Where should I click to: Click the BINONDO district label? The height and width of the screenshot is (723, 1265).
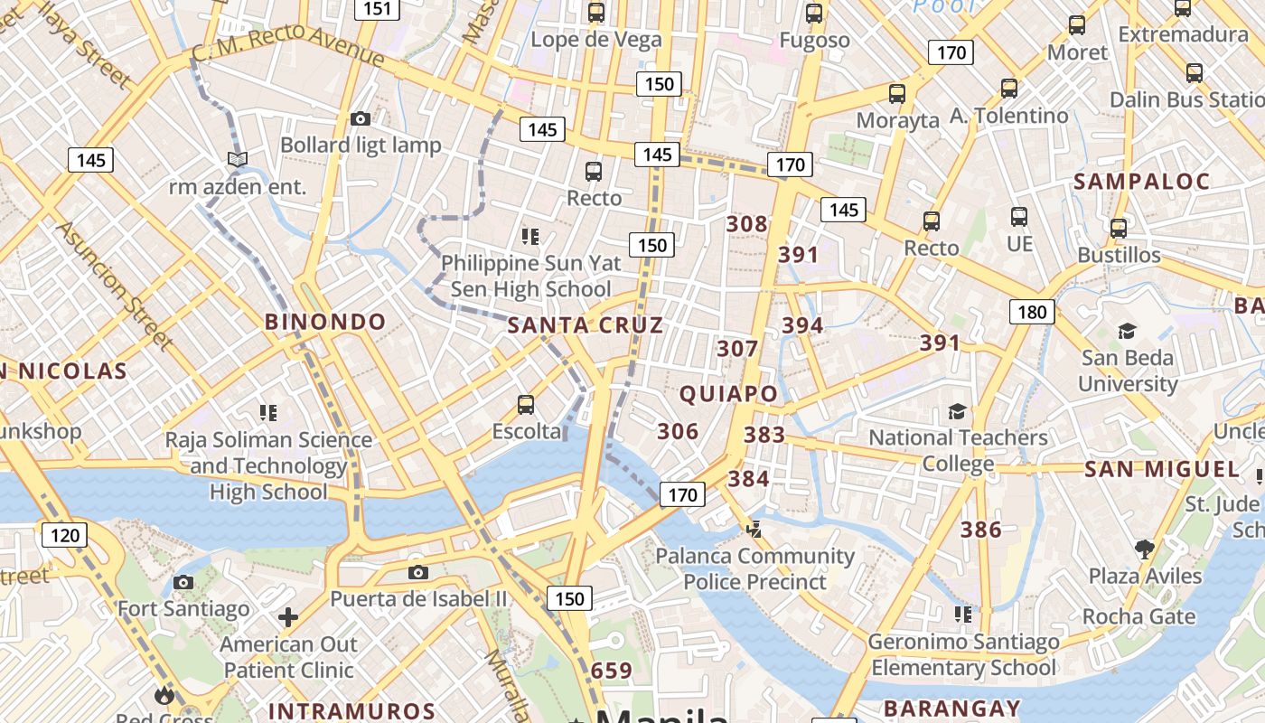tap(325, 322)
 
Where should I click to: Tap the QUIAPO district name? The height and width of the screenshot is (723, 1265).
tap(728, 394)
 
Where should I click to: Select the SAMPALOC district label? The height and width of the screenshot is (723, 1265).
tap(1141, 182)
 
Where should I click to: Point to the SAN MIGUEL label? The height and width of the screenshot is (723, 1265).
tap(1162, 469)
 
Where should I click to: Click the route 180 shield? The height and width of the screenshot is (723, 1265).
tap(1032, 313)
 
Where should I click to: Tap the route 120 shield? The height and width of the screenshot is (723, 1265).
tap(64, 535)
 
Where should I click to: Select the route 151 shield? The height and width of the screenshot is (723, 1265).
tap(377, 9)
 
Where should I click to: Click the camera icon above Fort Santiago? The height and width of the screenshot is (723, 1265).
tap(183, 582)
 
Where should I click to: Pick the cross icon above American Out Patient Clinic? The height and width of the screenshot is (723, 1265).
tap(288, 617)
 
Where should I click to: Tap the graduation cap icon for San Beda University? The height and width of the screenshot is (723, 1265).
tap(1127, 331)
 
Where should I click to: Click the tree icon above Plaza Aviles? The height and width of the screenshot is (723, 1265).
tap(1145, 549)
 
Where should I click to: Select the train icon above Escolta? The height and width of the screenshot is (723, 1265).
tap(526, 404)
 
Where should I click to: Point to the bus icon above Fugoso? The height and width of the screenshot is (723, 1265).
tap(814, 14)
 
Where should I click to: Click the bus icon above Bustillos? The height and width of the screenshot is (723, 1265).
tap(1119, 228)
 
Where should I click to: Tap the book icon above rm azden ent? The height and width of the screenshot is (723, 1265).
tap(238, 160)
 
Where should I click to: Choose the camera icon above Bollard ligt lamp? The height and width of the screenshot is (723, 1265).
tap(361, 118)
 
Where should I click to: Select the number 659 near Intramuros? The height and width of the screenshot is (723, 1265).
tap(612, 671)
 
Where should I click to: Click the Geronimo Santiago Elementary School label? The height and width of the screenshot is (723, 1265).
tap(963, 655)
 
